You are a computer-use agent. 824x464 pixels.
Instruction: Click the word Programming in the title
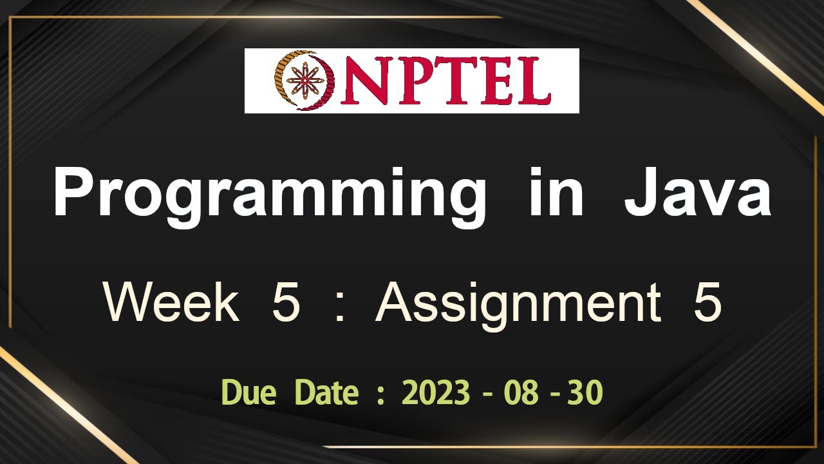pos(268,193)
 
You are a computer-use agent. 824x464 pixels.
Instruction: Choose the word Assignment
pos(518,304)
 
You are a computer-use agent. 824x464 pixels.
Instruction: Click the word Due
pos(248,392)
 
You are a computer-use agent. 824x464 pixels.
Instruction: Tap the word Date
pos(326,392)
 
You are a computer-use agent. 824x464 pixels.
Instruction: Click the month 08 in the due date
pos(521,392)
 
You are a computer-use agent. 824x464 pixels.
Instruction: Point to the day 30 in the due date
pos(585,392)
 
